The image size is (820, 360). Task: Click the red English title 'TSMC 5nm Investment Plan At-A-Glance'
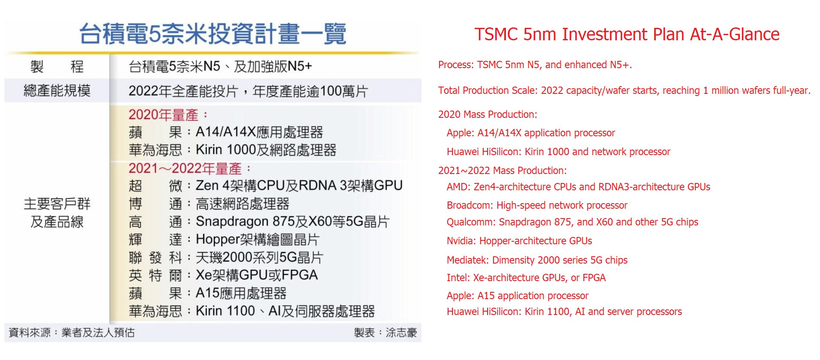(627, 34)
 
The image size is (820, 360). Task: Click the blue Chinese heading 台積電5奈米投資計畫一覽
(213, 34)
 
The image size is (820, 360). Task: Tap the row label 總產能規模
(57, 90)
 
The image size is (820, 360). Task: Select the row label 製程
(57, 66)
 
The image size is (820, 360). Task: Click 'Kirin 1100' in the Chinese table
(225, 311)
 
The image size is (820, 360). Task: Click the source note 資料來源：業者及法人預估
(72, 333)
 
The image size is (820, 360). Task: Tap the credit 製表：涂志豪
(385, 333)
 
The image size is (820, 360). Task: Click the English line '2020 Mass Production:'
(488, 114)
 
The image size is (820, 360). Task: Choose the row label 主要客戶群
(57, 204)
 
